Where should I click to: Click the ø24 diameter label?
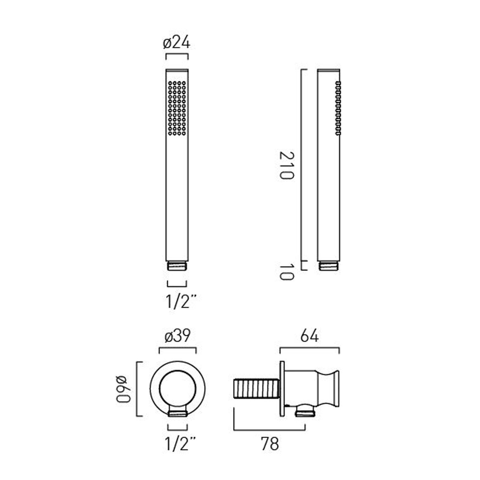coord(177,43)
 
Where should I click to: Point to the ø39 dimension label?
coord(178,336)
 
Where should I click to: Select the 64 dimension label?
coord(309,336)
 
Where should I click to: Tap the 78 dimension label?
coord(270,444)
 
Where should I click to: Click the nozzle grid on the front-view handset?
coord(177,108)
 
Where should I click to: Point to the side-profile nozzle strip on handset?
coord(338,108)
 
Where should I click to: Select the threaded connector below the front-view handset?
coord(177,266)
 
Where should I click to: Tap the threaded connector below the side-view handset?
coord(328,266)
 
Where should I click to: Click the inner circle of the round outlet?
coord(177,389)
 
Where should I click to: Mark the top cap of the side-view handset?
coord(328,70)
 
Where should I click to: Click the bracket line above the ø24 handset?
coord(177,55)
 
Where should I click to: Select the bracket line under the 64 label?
coord(309,348)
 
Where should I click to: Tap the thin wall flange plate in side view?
coord(282,389)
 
